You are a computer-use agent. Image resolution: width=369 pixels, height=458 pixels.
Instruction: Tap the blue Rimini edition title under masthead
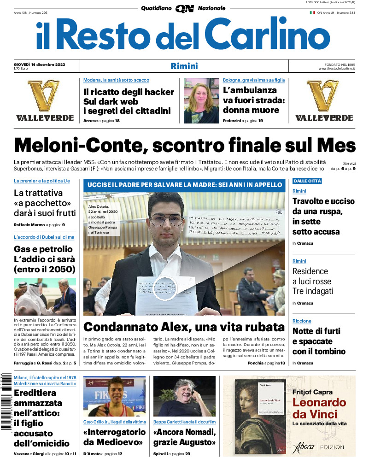pos(184,66)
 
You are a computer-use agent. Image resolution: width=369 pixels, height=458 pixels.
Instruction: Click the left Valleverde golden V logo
pos(44,96)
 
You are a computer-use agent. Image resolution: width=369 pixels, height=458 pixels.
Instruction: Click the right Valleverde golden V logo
pos(323,96)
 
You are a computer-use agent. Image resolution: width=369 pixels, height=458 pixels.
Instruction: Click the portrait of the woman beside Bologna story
pos(201,100)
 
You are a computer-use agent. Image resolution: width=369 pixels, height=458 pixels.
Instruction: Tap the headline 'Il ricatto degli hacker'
pos(129,92)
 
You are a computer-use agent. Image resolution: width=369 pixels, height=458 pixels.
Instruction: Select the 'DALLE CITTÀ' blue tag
pos(307,181)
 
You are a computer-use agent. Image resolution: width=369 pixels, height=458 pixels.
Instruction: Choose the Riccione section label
pos(302,321)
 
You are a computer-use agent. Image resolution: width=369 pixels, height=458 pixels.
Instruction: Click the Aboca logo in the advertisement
pos(304,447)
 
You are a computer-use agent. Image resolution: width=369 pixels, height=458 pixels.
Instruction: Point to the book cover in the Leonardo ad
pos(260,410)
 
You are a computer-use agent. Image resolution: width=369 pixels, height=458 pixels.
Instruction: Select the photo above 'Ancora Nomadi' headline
pos(184,396)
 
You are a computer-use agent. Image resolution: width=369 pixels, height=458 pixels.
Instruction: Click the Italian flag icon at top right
pos(312,13)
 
